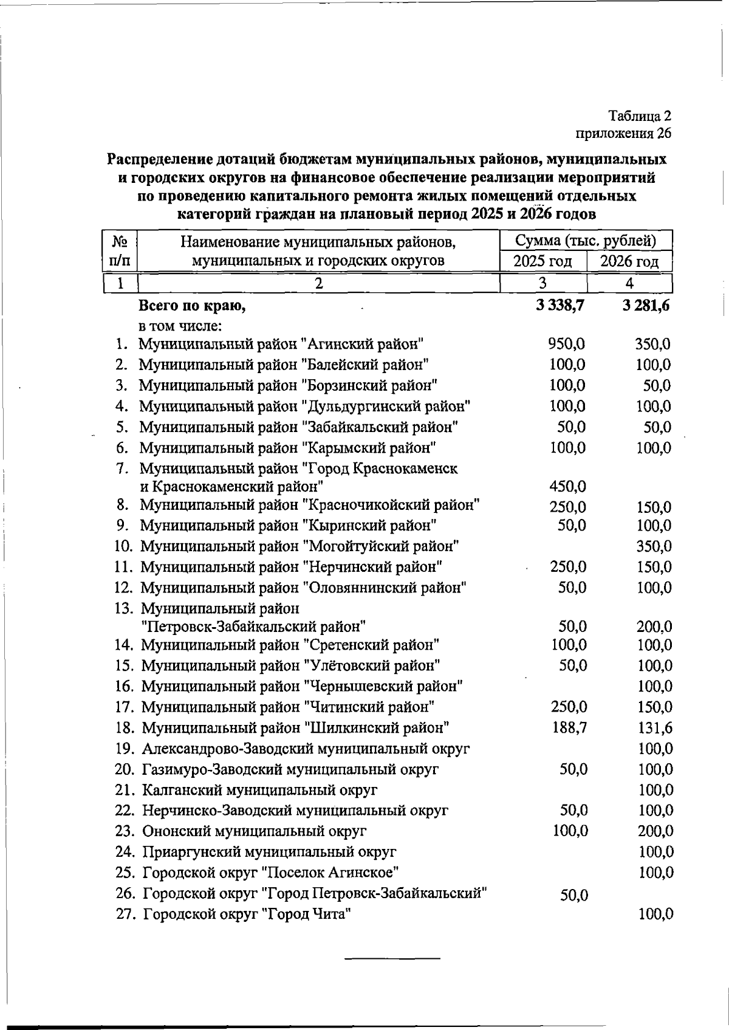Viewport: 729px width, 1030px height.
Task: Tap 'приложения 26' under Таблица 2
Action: point(623,134)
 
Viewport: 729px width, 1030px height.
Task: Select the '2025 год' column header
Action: point(543,262)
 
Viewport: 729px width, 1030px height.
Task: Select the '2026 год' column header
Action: point(629,262)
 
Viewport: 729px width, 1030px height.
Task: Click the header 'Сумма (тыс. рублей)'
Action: point(586,241)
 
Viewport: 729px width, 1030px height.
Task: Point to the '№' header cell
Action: point(120,242)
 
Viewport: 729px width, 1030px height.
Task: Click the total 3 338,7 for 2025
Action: point(560,305)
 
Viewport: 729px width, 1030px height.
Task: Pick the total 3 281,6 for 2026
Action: point(646,305)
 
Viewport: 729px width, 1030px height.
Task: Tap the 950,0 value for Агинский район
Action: point(566,345)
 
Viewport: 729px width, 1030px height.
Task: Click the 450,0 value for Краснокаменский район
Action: point(567,487)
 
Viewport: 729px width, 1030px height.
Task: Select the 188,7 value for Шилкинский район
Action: point(569,727)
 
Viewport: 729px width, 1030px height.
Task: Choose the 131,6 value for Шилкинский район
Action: point(655,728)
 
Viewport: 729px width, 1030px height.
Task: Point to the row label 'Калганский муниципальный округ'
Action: point(260,790)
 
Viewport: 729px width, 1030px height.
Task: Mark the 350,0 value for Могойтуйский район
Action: point(654,546)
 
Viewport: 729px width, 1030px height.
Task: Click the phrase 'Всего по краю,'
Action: point(192,306)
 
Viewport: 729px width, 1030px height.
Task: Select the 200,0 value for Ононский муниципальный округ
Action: point(655,831)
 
